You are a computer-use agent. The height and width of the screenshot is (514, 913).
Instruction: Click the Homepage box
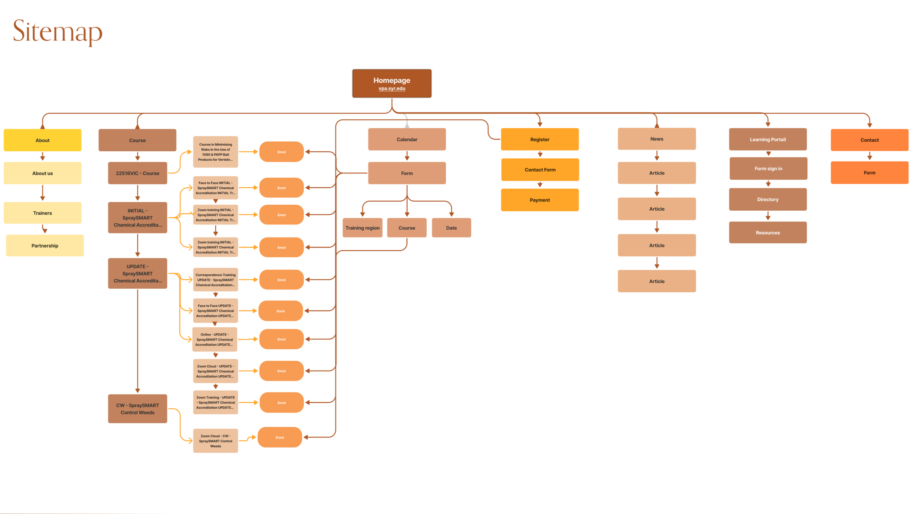pos(391,81)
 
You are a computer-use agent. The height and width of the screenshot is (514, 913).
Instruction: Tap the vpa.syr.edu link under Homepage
pos(391,88)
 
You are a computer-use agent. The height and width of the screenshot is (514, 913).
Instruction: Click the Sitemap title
pos(58,31)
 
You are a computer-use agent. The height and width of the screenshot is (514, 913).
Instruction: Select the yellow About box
pos(42,140)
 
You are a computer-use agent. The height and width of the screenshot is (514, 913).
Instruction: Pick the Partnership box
pos(45,246)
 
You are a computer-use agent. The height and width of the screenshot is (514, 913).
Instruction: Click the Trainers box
pos(42,213)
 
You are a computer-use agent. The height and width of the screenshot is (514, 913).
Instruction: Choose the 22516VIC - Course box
pos(137,173)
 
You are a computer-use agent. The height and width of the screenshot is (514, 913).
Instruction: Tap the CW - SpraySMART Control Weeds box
pos(137,409)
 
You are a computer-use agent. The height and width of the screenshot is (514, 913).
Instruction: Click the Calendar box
pos(407,139)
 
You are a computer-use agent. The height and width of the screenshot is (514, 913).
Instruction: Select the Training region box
pos(362,228)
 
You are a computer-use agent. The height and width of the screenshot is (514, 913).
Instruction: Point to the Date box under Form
pos(451,228)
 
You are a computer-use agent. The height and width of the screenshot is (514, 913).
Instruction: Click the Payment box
pos(539,200)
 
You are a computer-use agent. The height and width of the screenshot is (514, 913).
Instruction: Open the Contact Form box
pos(540,170)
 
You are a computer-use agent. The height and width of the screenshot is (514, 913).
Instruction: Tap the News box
pos(657,139)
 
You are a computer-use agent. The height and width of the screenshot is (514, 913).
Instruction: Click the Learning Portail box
pos(767,139)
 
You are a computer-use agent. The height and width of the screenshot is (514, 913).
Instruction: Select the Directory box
pos(767,199)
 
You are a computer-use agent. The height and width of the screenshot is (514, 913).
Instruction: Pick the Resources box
pos(767,232)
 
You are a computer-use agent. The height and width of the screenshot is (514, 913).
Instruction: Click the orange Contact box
pos(869,140)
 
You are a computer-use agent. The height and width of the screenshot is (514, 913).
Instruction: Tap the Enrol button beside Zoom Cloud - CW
pos(280,437)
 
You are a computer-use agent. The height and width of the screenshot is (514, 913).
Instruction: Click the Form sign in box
pos(768,169)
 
